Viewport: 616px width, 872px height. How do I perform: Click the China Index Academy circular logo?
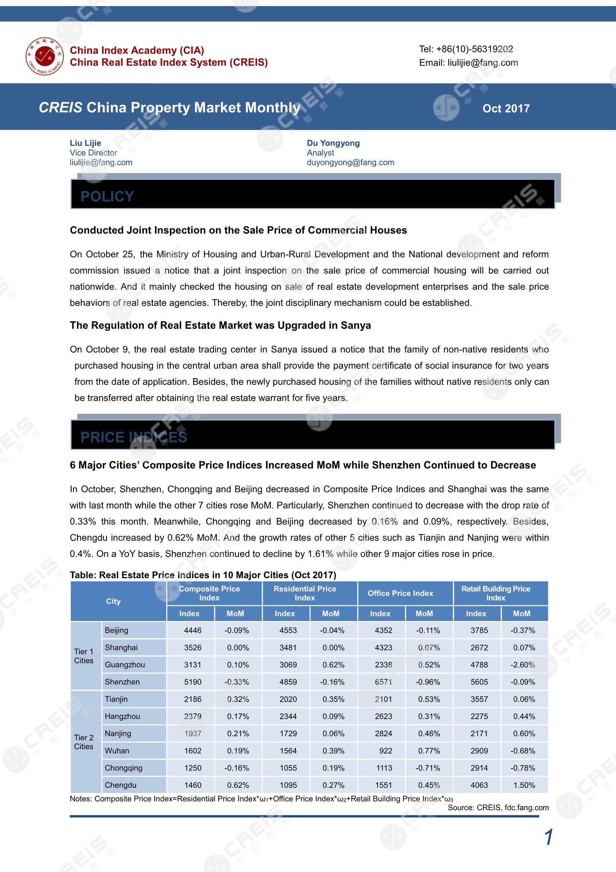[45, 56]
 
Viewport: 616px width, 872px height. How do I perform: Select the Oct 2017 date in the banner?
[506, 109]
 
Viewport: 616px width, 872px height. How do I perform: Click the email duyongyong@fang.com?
[350, 163]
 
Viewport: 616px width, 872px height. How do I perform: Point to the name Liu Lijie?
[85, 143]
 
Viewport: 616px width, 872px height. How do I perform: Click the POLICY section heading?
[107, 196]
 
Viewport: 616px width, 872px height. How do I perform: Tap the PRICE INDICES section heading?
[134, 437]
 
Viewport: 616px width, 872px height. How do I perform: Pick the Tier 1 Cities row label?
[84, 656]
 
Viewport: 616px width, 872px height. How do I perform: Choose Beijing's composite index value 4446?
[192, 630]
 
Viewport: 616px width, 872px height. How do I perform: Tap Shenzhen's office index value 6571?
[383, 682]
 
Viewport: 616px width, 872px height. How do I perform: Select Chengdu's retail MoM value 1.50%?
[524, 785]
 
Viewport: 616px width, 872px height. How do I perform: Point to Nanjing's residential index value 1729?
[288, 733]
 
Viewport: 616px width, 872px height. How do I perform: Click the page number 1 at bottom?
[548, 837]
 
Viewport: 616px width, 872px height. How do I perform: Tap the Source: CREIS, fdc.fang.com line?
[498, 807]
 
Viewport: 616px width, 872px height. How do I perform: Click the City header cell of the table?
[113, 601]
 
